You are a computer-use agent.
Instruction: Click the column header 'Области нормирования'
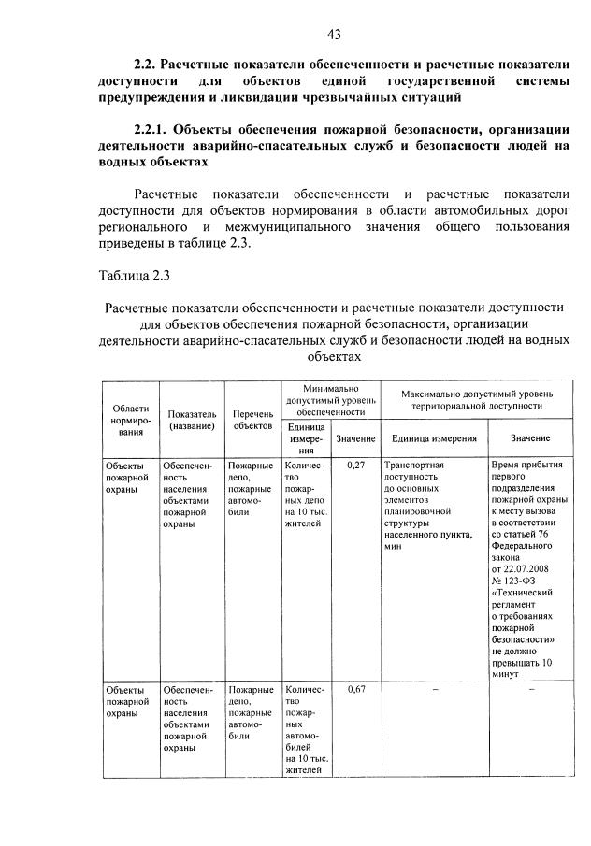129,420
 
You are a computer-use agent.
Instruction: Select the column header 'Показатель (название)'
192,420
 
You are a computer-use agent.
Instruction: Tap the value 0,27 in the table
355,464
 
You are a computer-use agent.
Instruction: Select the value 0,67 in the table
355,689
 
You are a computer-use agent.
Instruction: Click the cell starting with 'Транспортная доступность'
425,506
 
